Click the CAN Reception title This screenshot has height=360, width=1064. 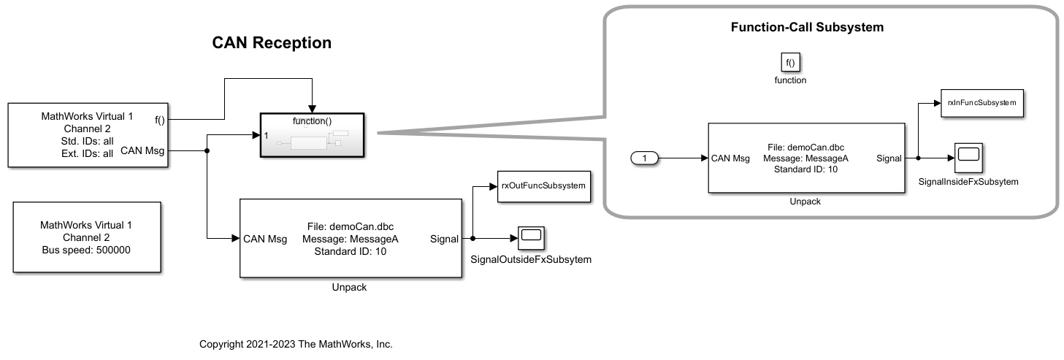272,43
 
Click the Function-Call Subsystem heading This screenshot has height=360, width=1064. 807,28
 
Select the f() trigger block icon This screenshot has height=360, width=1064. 790,63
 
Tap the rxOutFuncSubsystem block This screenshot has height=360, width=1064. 543,185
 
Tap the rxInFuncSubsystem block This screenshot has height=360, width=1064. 981,103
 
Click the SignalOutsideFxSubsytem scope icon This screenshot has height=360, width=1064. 532,237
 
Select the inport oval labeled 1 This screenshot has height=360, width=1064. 644,157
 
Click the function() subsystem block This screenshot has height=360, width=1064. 313,134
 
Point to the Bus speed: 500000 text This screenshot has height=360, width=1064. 87,249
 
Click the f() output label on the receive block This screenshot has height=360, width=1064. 159,119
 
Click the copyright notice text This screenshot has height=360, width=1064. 296,344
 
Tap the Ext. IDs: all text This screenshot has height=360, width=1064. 87,153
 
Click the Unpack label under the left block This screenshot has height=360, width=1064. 349,287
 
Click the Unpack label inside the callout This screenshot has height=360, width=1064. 805,202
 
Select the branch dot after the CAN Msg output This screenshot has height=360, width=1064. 208,151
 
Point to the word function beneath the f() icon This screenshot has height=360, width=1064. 790,80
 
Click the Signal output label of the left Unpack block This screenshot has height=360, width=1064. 445,238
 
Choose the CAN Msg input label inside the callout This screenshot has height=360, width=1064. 730,157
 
